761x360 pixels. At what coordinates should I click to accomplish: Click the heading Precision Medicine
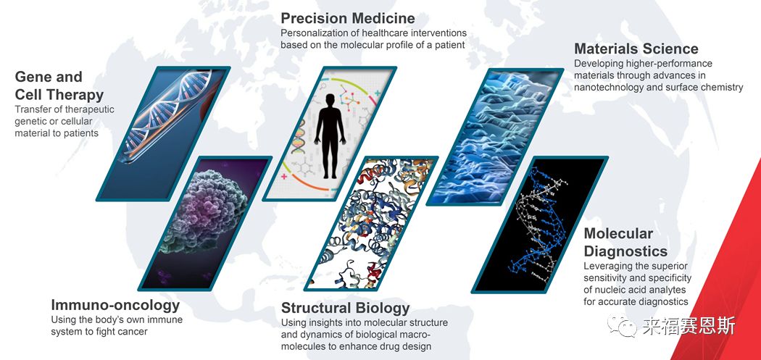tap(348, 18)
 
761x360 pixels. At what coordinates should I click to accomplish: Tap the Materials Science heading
tap(636, 49)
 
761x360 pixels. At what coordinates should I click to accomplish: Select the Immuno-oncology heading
tap(115, 305)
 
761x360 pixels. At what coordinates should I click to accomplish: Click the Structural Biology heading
tap(346, 308)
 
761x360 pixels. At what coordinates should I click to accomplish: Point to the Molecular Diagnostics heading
tap(625, 242)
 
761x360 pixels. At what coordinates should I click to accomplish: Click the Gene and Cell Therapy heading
tap(59, 85)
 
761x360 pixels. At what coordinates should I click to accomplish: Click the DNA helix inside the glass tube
tap(167, 115)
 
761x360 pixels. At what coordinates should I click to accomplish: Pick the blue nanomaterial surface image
tap(495, 136)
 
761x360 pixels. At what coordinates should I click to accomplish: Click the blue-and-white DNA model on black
tap(538, 224)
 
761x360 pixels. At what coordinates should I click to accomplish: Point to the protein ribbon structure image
tap(371, 223)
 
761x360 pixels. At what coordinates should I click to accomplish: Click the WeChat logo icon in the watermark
tap(623, 327)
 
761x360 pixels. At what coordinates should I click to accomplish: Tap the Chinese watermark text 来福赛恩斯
tap(689, 327)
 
